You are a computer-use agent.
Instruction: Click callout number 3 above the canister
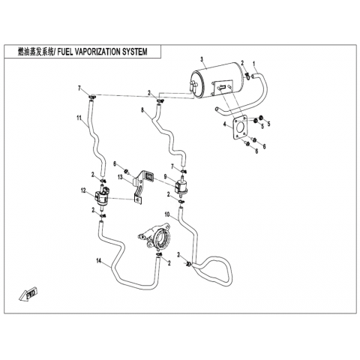click(202, 59)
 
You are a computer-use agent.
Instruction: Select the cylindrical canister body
click(217, 79)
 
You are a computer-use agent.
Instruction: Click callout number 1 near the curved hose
click(253, 64)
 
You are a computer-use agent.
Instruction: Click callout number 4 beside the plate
click(225, 124)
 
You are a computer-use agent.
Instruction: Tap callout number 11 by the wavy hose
click(79, 118)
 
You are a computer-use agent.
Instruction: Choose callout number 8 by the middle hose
click(142, 109)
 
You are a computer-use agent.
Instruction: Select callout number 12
click(83, 190)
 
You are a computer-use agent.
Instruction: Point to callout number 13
click(120, 177)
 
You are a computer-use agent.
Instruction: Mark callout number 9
click(165, 176)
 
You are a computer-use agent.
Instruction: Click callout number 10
click(167, 214)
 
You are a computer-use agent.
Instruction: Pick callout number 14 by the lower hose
click(99, 261)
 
